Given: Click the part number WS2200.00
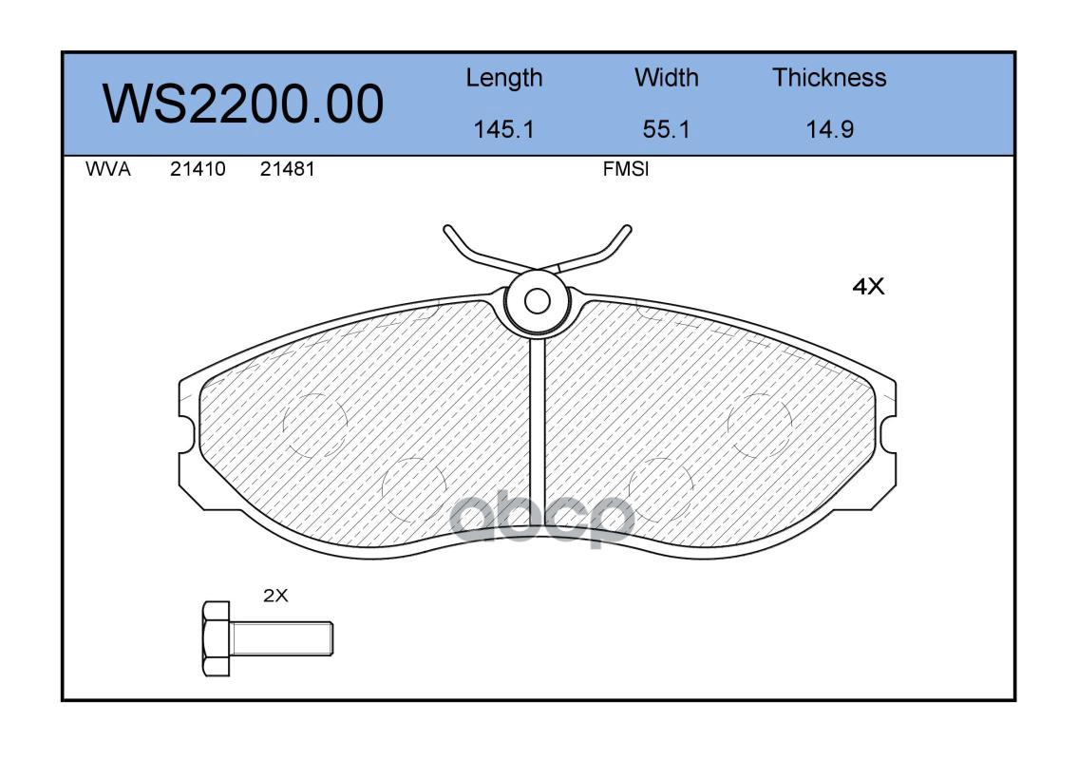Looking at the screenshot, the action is [x=243, y=104].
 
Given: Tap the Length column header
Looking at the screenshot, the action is [x=504, y=79].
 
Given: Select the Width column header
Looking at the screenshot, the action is [x=666, y=77].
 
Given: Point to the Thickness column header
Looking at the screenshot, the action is [x=829, y=77].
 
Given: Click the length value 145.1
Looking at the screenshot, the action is [x=504, y=129].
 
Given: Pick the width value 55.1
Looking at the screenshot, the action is [x=666, y=129].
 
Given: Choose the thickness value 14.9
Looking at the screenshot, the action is [x=830, y=129].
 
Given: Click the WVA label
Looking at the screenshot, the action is [x=108, y=169].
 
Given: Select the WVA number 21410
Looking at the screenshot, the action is [x=198, y=169].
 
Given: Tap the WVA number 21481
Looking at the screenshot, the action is [x=287, y=169].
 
